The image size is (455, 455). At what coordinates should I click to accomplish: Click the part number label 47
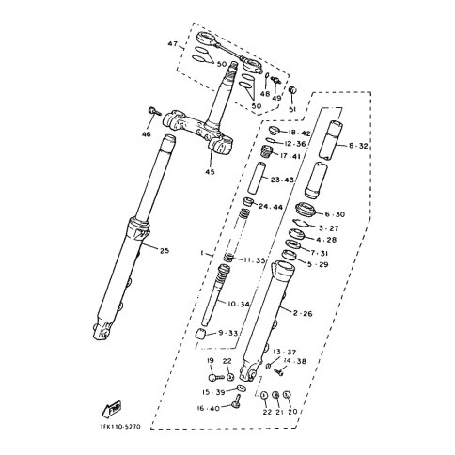click(x=172, y=44)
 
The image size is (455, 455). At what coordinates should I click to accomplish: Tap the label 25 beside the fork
click(x=165, y=250)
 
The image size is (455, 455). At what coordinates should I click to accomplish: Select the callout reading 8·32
click(x=359, y=147)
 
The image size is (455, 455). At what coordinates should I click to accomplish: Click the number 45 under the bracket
click(x=211, y=171)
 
